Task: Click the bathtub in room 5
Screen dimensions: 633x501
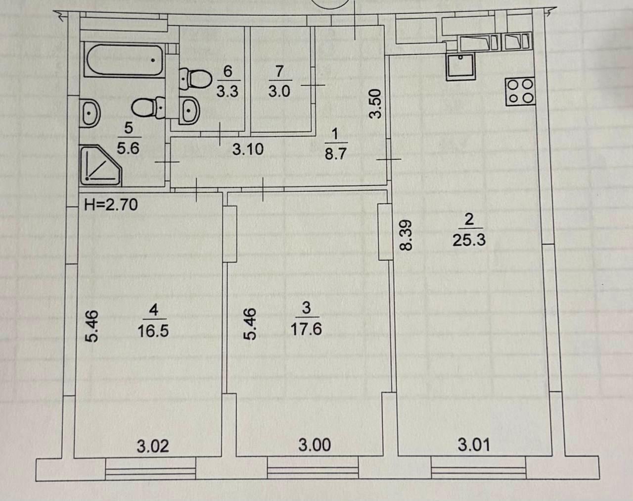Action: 125,60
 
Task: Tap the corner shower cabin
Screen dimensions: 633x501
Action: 100,166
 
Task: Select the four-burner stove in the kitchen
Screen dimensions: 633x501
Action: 520,92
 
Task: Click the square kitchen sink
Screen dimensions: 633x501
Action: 460,67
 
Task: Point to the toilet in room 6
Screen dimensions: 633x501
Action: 195,79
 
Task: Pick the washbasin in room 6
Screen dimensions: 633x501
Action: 189,110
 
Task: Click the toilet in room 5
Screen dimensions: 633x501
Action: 149,108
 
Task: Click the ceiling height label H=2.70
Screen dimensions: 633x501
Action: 111,204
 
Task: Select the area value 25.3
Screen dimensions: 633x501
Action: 469,240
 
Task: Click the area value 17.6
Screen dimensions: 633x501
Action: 306,329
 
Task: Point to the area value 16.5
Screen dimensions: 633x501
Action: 153,331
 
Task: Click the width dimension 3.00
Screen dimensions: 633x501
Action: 315,445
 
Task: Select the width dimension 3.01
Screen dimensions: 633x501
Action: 474,445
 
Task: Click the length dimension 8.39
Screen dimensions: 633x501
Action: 406,235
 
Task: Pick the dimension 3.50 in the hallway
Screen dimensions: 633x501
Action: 375,104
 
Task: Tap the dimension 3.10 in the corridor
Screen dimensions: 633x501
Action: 248,149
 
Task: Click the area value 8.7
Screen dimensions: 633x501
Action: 336,154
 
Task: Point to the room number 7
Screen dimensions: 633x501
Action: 279,71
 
